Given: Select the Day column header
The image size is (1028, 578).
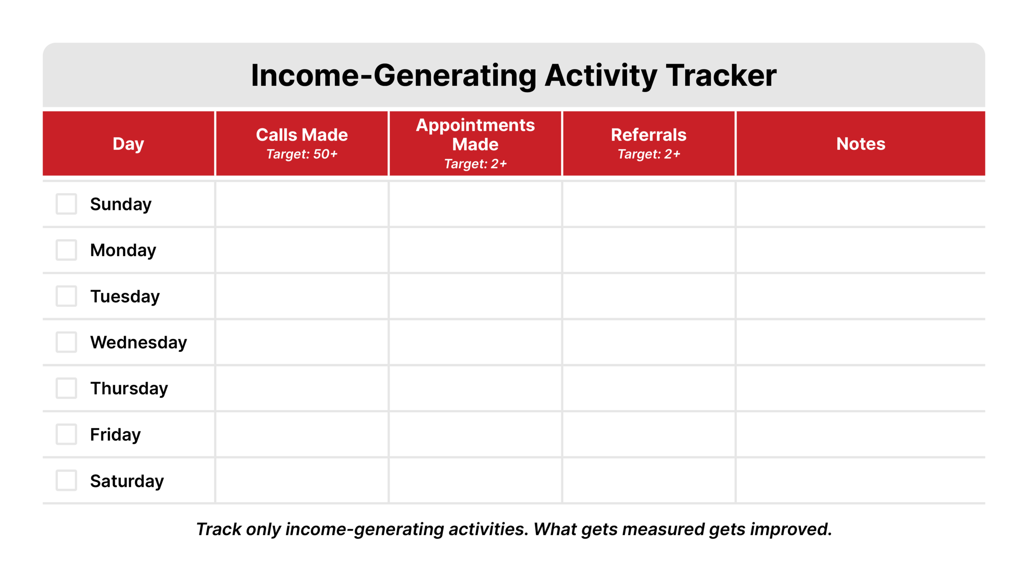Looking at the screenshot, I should [x=128, y=144].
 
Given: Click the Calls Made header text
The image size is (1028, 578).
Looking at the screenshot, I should [x=302, y=135].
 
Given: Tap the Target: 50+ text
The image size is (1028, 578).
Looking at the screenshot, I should [x=302, y=154].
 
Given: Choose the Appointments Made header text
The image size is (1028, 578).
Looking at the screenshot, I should [x=475, y=134].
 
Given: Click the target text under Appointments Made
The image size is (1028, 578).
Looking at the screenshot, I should [x=475, y=164].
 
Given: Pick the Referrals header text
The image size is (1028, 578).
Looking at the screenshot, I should [x=649, y=135].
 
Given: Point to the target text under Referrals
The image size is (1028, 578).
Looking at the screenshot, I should [x=649, y=154].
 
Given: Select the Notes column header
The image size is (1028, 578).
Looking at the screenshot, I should [x=861, y=144].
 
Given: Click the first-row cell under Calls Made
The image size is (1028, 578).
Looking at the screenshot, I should [x=302, y=204].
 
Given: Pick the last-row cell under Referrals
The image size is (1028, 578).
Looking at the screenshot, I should [x=649, y=480].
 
